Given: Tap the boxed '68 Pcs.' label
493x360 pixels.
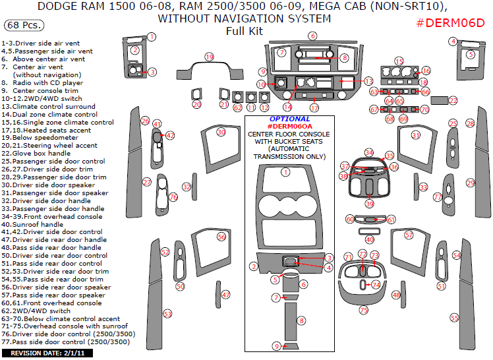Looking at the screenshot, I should [x=24, y=26].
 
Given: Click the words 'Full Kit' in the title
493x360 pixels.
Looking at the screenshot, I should [x=244, y=31].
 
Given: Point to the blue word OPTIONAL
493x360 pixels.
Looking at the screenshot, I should [x=290, y=119].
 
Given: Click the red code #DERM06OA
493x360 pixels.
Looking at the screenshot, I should [x=290, y=126].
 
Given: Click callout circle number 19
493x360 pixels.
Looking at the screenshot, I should [x=209, y=57].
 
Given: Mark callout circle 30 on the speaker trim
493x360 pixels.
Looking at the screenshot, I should [x=221, y=133].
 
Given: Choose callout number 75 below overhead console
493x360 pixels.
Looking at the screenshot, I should [x=363, y=310].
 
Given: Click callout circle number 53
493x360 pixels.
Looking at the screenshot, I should [x=167, y=313].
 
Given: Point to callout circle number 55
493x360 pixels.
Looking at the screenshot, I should [x=454, y=318].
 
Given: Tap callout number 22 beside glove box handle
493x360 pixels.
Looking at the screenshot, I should [x=453, y=100].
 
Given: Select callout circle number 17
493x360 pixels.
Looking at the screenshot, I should [x=314, y=107].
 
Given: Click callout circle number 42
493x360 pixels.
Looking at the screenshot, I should [x=170, y=135].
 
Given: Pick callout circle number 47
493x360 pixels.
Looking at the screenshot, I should [x=225, y=295].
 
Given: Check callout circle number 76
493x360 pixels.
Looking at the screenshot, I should [x=173, y=197].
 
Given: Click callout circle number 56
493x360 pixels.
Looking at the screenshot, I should [x=221, y=236].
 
